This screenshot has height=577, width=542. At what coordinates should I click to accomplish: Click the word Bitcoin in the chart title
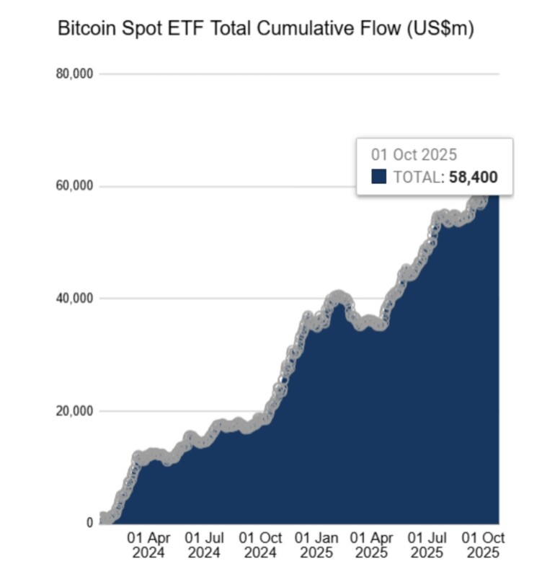point(86,30)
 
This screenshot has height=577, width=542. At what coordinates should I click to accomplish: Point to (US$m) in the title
point(439,30)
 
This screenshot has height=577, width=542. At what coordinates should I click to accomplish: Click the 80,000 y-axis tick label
point(75,74)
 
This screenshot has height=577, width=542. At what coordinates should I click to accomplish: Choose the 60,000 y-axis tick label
point(75,186)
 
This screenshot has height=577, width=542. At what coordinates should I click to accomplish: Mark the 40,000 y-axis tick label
point(75,299)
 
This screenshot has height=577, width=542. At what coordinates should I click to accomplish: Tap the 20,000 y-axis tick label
point(75,411)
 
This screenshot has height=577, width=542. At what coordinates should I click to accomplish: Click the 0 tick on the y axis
point(89,523)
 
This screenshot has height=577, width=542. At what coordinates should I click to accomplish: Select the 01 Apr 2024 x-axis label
point(148,545)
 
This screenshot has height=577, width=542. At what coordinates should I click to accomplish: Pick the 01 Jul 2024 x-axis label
point(205,545)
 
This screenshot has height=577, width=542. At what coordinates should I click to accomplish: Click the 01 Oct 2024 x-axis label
point(259,545)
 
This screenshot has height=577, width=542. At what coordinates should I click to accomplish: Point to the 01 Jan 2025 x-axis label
point(316,545)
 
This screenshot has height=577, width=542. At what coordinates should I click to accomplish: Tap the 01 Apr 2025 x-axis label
point(372,545)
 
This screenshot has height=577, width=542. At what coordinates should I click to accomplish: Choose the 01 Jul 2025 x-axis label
point(428,545)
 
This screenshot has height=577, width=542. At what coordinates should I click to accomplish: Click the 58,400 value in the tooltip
point(473,177)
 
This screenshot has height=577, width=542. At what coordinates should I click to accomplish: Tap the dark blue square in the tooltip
point(379,177)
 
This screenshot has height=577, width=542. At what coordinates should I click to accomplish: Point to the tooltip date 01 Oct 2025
point(414,154)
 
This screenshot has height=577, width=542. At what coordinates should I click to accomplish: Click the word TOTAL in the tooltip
point(417,177)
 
